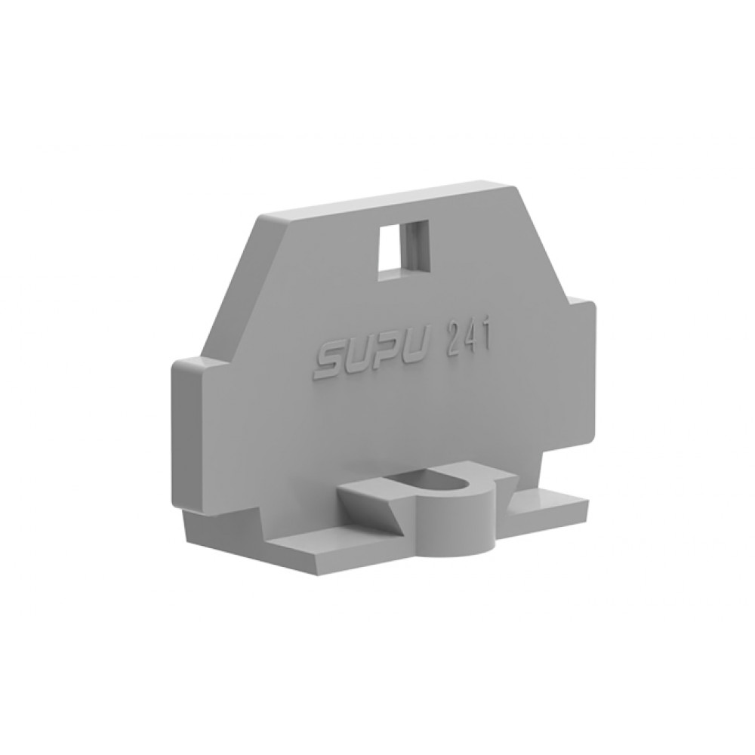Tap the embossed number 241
[x=467, y=338]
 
